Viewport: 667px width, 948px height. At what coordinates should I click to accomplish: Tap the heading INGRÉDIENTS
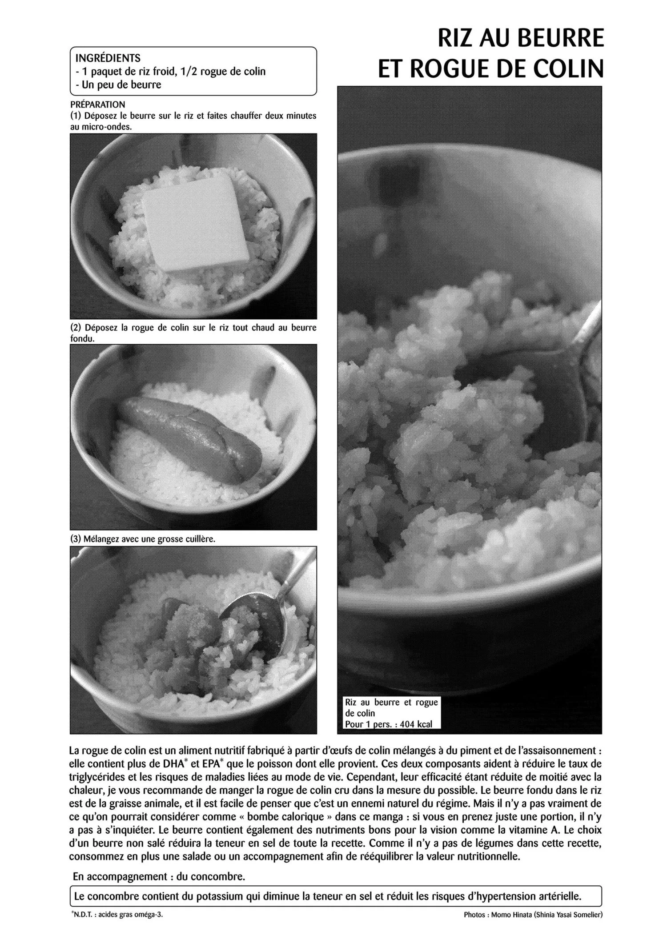[108, 58]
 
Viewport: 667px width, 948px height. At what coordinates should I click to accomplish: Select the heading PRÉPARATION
[98, 105]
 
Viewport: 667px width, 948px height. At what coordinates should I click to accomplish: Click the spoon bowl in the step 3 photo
[252, 620]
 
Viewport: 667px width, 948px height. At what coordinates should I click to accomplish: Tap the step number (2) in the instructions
[76, 328]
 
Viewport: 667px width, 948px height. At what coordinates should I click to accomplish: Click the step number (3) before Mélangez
[76, 539]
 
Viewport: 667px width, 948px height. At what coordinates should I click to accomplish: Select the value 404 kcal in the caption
[416, 724]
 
